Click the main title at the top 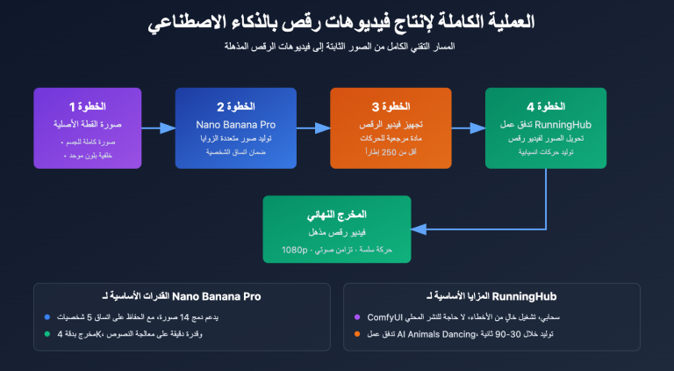click(337, 22)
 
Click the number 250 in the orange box click(390, 152)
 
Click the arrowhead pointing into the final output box click(417, 229)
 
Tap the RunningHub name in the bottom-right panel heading click(530, 296)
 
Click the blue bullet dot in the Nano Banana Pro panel click(47, 316)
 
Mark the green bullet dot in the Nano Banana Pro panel click(47, 333)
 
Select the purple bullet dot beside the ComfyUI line click(357, 316)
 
